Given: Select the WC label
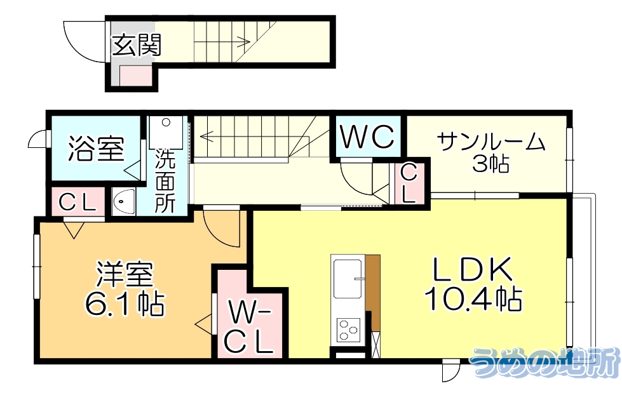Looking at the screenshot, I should tap(368, 137).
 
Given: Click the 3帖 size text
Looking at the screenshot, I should tap(490, 164).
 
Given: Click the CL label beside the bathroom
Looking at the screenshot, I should tap(78, 203).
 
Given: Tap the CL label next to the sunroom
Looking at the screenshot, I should tap(409, 183).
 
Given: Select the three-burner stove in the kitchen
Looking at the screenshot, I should tap(348, 329).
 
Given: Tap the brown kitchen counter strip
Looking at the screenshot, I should tap(373, 292).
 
